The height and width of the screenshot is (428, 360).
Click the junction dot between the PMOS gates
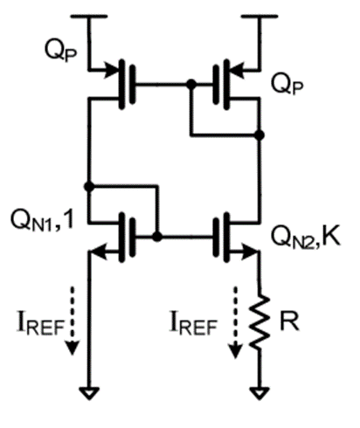point(190,85)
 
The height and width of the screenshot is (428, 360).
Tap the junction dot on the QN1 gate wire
point(156,236)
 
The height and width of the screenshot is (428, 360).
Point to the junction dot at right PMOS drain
point(260,135)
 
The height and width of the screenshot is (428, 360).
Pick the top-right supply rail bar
point(260,17)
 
